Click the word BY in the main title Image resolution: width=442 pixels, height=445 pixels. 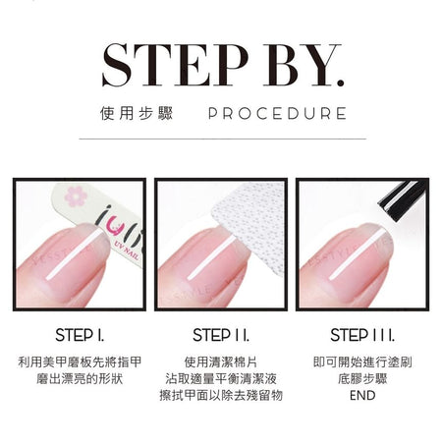[297, 65]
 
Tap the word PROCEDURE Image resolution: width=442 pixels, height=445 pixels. [277, 113]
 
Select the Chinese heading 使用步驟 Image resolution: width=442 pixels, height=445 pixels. [137, 113]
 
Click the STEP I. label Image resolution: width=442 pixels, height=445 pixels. [80, 335]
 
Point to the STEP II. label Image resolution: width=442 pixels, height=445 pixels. [221, 335]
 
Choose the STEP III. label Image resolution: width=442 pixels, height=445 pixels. [362, 335]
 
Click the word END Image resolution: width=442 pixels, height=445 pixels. [362, 395]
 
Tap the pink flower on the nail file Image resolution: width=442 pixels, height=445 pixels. [76, 196]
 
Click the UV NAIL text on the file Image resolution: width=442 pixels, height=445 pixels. [126, 250]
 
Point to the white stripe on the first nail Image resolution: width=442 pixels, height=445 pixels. [75, 254]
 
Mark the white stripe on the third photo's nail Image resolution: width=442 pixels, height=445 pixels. [356, 254]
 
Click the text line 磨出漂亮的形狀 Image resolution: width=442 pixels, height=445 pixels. [80, 379]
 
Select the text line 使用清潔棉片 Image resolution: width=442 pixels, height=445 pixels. [221, 362]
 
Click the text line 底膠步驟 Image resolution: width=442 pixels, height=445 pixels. [362, 379]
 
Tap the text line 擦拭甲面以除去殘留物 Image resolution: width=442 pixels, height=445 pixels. [221, 395]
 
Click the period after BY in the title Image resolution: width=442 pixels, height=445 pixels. [341, 83]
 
